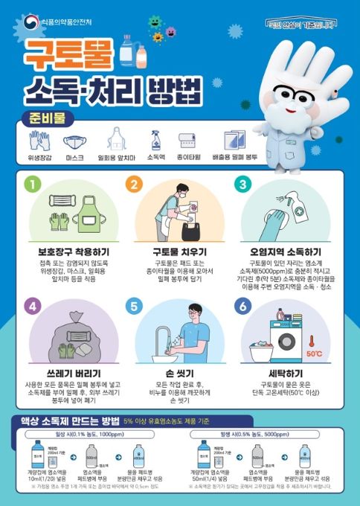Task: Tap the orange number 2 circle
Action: coord(134,184)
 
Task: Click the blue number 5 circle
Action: coord(134,305)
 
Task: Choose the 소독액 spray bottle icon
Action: coord(155,140)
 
